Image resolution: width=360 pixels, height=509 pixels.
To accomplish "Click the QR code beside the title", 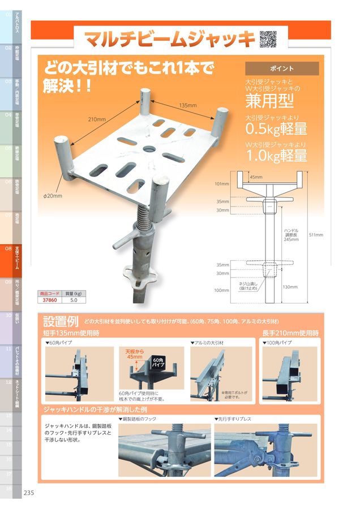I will (268, 38).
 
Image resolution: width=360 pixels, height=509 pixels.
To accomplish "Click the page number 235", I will (29, 493).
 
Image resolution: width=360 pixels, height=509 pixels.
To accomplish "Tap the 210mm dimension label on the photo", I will (97, 119).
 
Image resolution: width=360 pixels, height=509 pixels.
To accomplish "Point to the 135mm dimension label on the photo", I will (187, 106).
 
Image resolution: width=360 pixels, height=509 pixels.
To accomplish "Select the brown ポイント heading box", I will (282, 68).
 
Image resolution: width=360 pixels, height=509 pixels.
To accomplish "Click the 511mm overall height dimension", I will (315, 235).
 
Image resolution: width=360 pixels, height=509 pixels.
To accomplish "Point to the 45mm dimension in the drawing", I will (256, 177).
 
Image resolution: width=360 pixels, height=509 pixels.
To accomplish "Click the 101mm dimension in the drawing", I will (222, 184).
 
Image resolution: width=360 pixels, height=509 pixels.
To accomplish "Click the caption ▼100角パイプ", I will (277, 343).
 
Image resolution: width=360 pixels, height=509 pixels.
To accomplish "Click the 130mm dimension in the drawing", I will (290, 287).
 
